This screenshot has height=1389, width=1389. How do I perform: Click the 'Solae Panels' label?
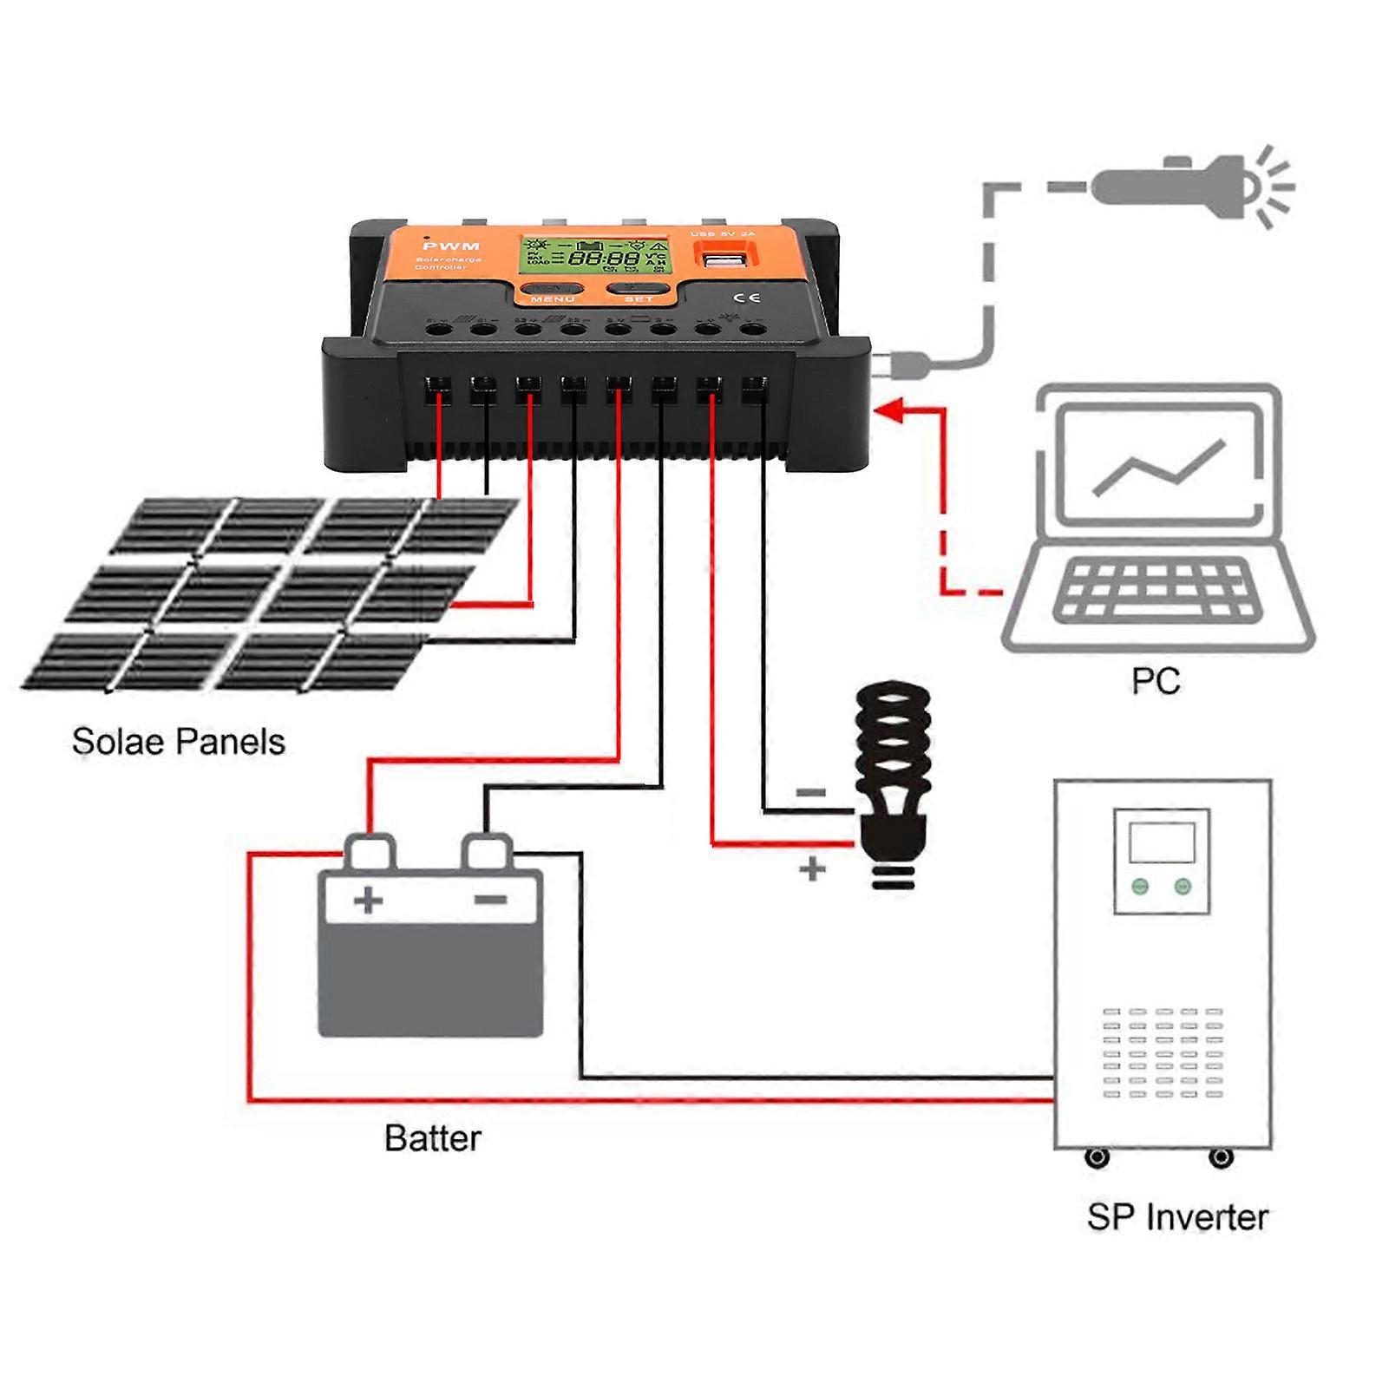(178, 742)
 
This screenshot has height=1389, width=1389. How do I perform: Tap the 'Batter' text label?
(432, 1138)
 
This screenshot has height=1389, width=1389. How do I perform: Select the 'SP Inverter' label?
(1177, 1216)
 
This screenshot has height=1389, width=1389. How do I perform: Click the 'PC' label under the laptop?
(1156, 681)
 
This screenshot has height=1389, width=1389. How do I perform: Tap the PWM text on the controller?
(451, 246)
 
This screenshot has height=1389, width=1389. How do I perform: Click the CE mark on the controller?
(752, 298)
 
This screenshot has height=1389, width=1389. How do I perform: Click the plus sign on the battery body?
(369, 900)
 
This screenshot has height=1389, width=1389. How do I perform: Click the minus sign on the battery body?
(491, 900)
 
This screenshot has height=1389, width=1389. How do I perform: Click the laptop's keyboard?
(1158, 590)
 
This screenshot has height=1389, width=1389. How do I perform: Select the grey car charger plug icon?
(1189, 187)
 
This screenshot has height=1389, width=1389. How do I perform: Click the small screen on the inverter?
(1162, 842)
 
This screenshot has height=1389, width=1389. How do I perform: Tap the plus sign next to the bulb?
(812, 868)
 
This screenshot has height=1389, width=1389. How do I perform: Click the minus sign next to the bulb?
(811, 792)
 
